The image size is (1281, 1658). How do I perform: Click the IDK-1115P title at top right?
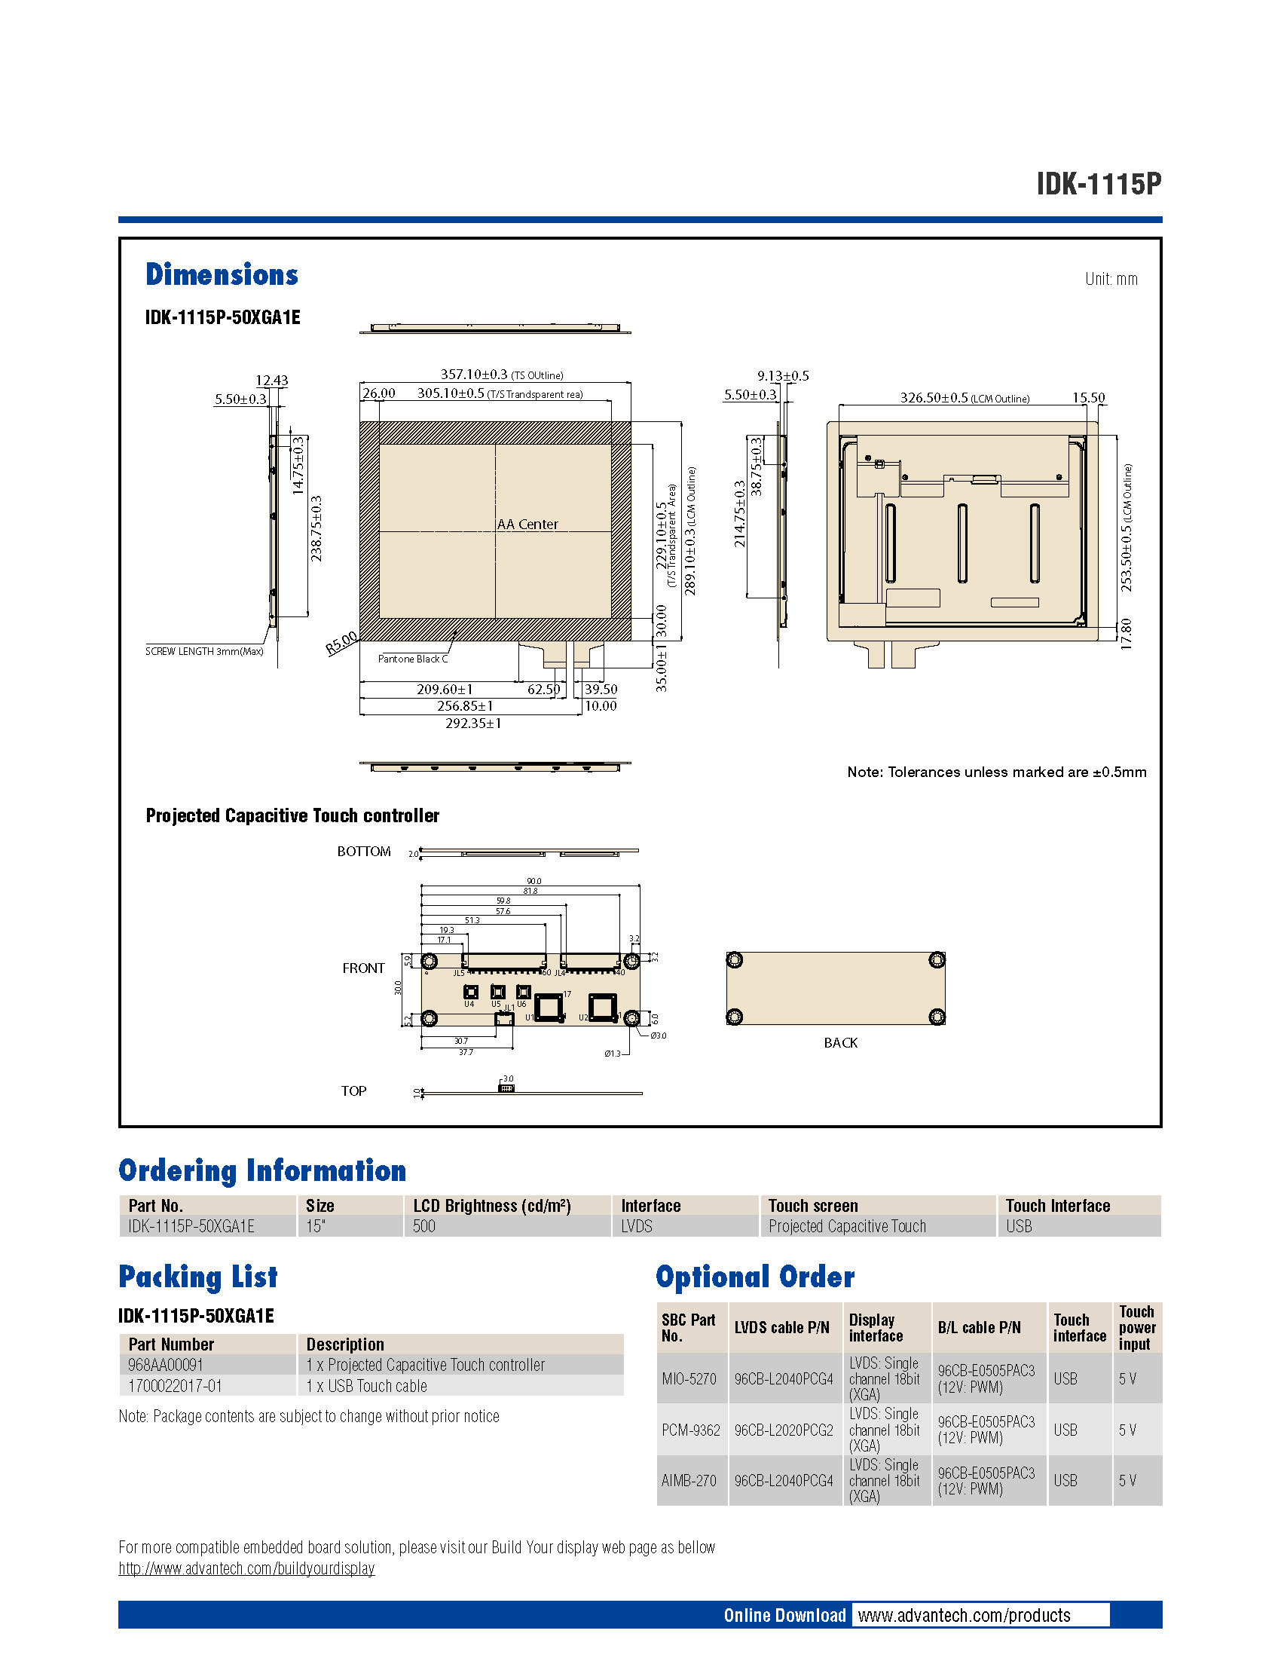point(1098,184)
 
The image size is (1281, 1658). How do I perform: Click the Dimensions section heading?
point(222,275)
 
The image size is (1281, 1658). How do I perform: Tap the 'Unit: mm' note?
point(1111,279)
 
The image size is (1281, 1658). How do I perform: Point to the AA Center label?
point(527,525)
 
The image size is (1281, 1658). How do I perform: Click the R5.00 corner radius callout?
point(341,643)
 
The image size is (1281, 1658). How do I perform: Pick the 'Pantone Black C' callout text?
point(413,659)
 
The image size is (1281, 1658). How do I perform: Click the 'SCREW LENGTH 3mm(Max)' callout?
point(204,651)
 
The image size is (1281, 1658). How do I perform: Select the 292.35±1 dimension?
point(472,723)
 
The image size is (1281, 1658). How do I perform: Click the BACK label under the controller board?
point(840,1043)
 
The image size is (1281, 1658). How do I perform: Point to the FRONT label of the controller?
point(362,968)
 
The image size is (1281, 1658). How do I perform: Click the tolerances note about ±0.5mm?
point(995,772)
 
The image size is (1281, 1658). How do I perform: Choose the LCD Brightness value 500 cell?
point(424,1226)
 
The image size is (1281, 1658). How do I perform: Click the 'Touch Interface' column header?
point(1057,1206)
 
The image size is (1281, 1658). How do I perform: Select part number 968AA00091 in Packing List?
point(166,1365)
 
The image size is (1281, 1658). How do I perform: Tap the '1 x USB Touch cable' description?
point(366,1386)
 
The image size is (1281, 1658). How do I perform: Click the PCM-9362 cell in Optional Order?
point(690,1430)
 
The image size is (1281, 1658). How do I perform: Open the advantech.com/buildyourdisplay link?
point(246,1568)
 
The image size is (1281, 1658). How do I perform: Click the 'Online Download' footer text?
point(784,1616)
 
